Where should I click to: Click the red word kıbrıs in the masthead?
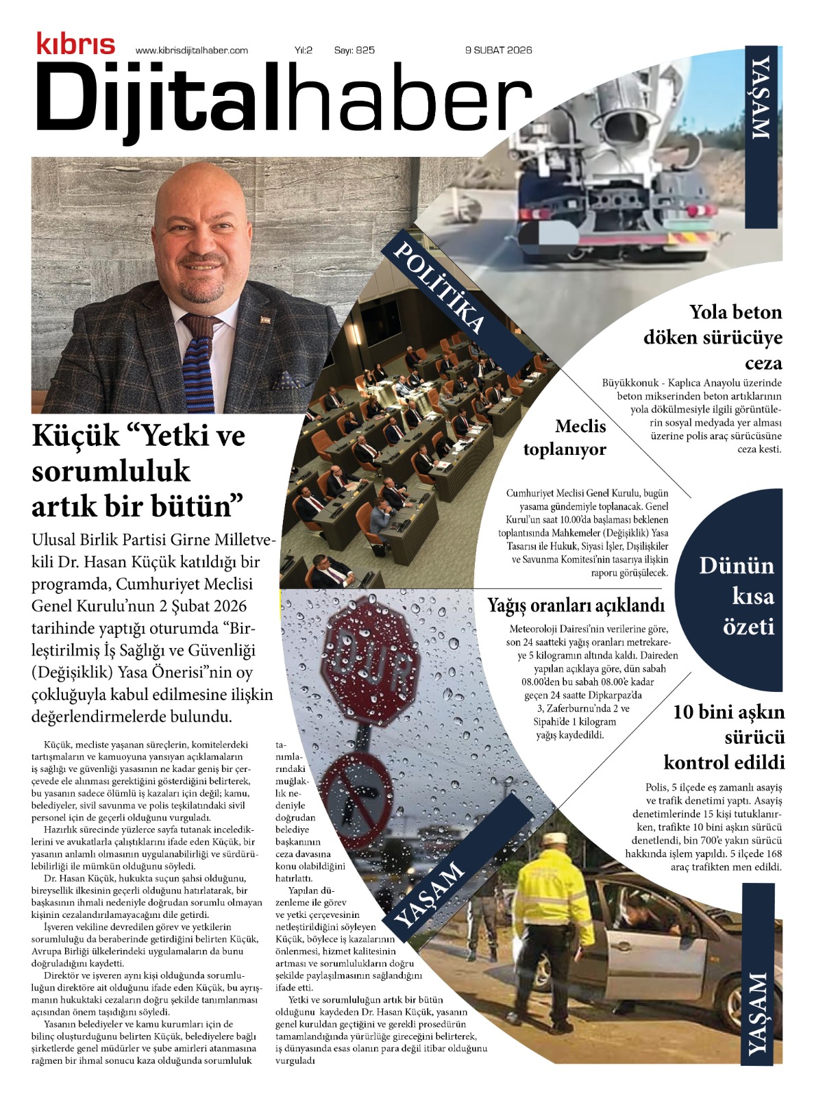click(x=75, y=44)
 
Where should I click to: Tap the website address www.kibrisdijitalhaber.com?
click(x=192, y=50)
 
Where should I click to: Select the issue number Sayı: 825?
click(x=354, y=50)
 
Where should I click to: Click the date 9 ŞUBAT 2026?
click(x=498, y=50)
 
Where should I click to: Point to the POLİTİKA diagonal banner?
click(x=439, y=288)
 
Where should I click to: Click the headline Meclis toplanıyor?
click(x=565, y=438)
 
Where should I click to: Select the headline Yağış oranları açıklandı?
click(x=576, y=606)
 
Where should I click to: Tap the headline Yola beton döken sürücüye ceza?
click(x=713, y=337)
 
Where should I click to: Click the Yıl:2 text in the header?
click(x=304, y=50)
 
